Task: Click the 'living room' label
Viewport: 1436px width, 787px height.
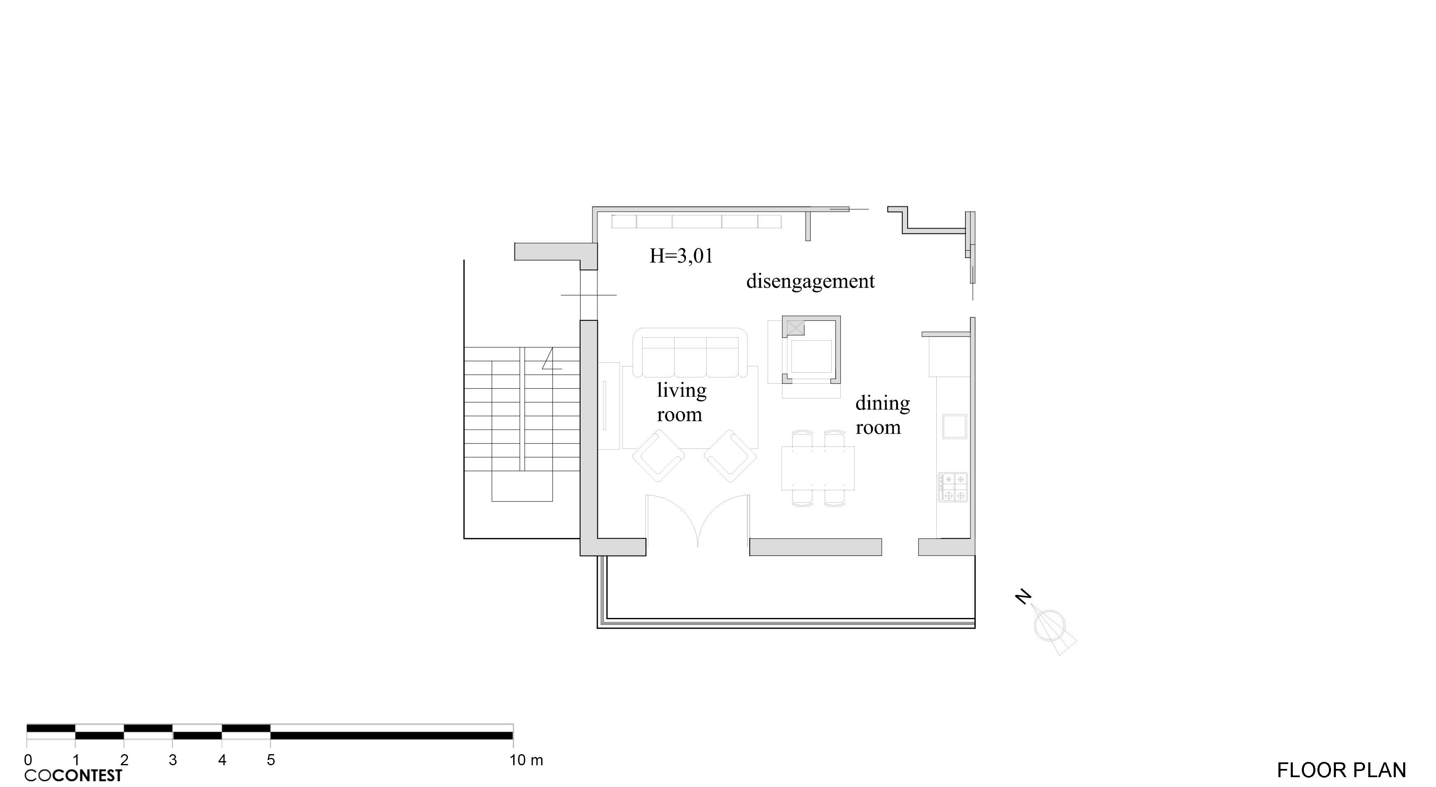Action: [681, 402]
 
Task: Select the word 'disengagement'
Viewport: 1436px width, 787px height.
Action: [811, 281]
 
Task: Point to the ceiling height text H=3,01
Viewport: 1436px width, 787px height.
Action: [681, 256]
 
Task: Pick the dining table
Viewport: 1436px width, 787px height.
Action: [818, 468]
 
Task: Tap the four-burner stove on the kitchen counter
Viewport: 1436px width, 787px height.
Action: [953, 487]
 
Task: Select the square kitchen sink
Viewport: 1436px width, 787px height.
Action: [955, 426]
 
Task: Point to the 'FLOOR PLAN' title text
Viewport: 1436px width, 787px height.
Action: [1341, 770]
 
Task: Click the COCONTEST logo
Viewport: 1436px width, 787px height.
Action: [73, 775]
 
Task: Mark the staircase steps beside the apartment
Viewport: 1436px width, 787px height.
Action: [522, 409]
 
